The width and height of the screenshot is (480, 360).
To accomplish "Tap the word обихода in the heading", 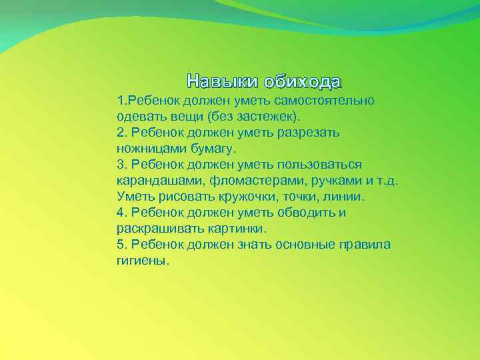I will pos(302,82).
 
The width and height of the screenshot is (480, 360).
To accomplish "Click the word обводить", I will pos(305,213).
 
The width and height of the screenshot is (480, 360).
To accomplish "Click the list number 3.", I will pos(120,164).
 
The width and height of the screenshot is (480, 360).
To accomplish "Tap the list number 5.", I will pos(120,245).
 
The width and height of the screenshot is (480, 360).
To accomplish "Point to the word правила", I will pos(363,245).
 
